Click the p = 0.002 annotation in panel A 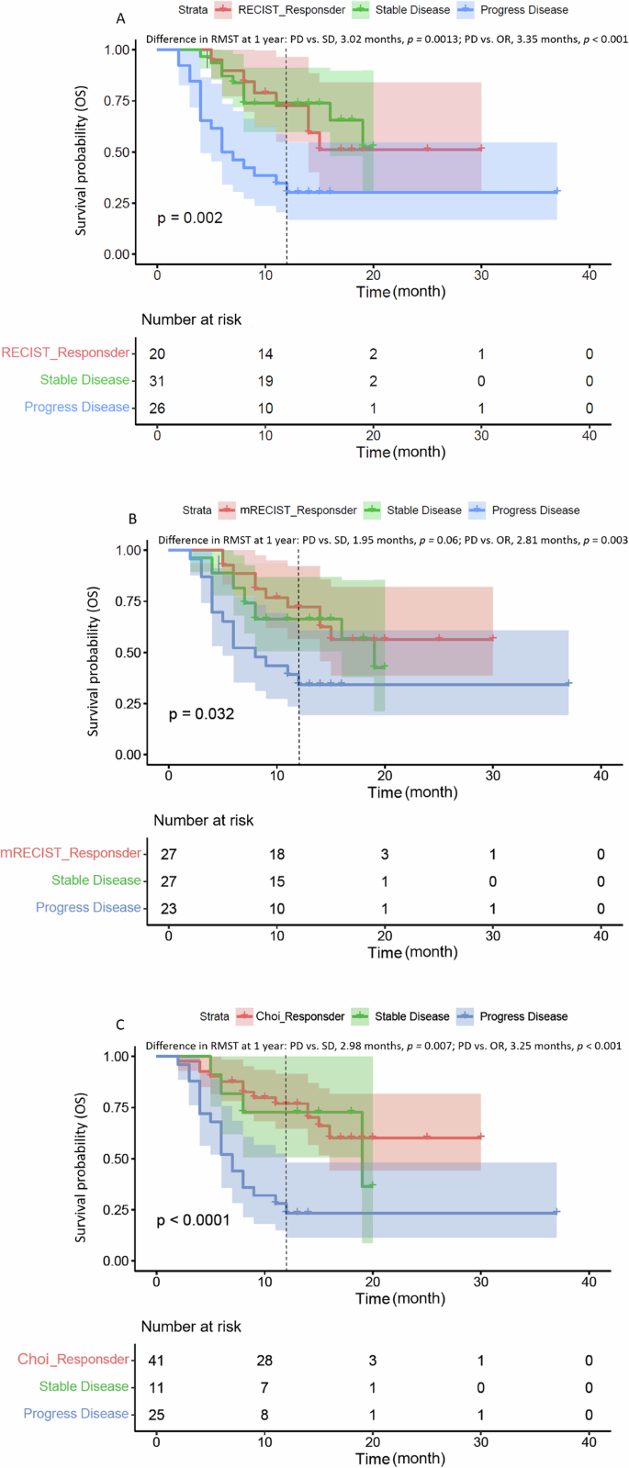pyautogui.click(x=189, y=218)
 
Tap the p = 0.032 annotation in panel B pyautogui.click(x=201, y=713)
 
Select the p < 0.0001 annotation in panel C pyautogui.click(x=193, y=1220)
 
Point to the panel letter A pyautogui.click(x=120, y=18)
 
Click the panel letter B pyautogui.click(x=132, y=519)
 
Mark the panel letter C pyautogui.click(x=120, y=1025)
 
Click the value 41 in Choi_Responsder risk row pyautogui.click(x=157, y=1361)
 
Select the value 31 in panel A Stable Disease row pyautogui.click(x=157, y=381)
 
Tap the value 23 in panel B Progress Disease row pyautogui.click(x=169, y=908)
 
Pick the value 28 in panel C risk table pyautogui.click(x=264, y=1361)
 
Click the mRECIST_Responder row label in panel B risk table pyautogui.click(x=72, y=853)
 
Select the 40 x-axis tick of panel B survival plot pyautogui.click(x=601, y=776)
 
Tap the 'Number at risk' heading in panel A pyautogui.click(x=191, y=319)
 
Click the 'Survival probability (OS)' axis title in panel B pyautogui.click(x=93, y=652)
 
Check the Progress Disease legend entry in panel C pyautogui.click(x=522, y=1016)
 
